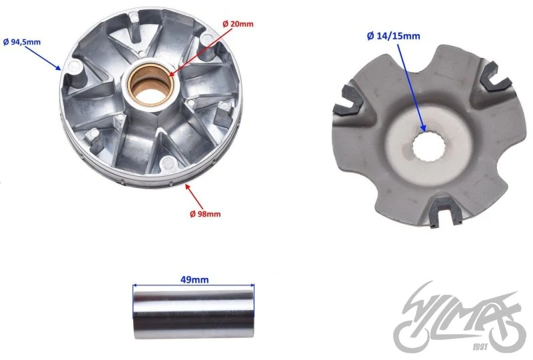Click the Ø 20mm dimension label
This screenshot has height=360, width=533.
[238, 24]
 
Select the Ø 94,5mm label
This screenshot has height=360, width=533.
[22, 42]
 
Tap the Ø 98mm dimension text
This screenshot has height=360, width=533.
[205, 214]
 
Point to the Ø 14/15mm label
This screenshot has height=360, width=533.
[393, 36]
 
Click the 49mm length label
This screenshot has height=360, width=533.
[195, 280]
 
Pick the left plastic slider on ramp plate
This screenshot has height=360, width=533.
[348, 101]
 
